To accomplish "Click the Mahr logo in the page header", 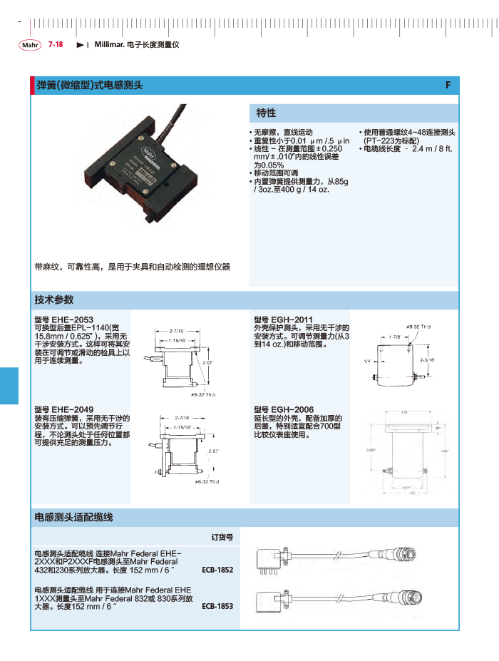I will click(x=30, y=45).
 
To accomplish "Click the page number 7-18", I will click(x=56, y=44).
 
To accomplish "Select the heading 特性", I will click(x=266, y=113).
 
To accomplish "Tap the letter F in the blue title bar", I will click(x=448, y=85).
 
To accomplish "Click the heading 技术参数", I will click(x=54, y=299).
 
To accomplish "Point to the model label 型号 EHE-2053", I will click(x=64, y=319).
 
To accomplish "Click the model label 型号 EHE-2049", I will click(x=64, y=410).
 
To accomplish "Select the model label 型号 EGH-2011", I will click(x=284, y=319).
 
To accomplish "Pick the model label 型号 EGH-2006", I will click(x=284, y=410).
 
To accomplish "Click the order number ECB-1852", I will click(x=217, y=570).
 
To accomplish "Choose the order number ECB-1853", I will click(x=217, y=607).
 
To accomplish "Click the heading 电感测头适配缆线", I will click(x=74, y=516).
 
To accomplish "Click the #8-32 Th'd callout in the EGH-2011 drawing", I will click(x=419, y=327).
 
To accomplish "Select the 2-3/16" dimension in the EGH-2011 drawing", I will click(x=427, y=360).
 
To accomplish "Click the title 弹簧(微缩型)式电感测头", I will click(x=90, y=86).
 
